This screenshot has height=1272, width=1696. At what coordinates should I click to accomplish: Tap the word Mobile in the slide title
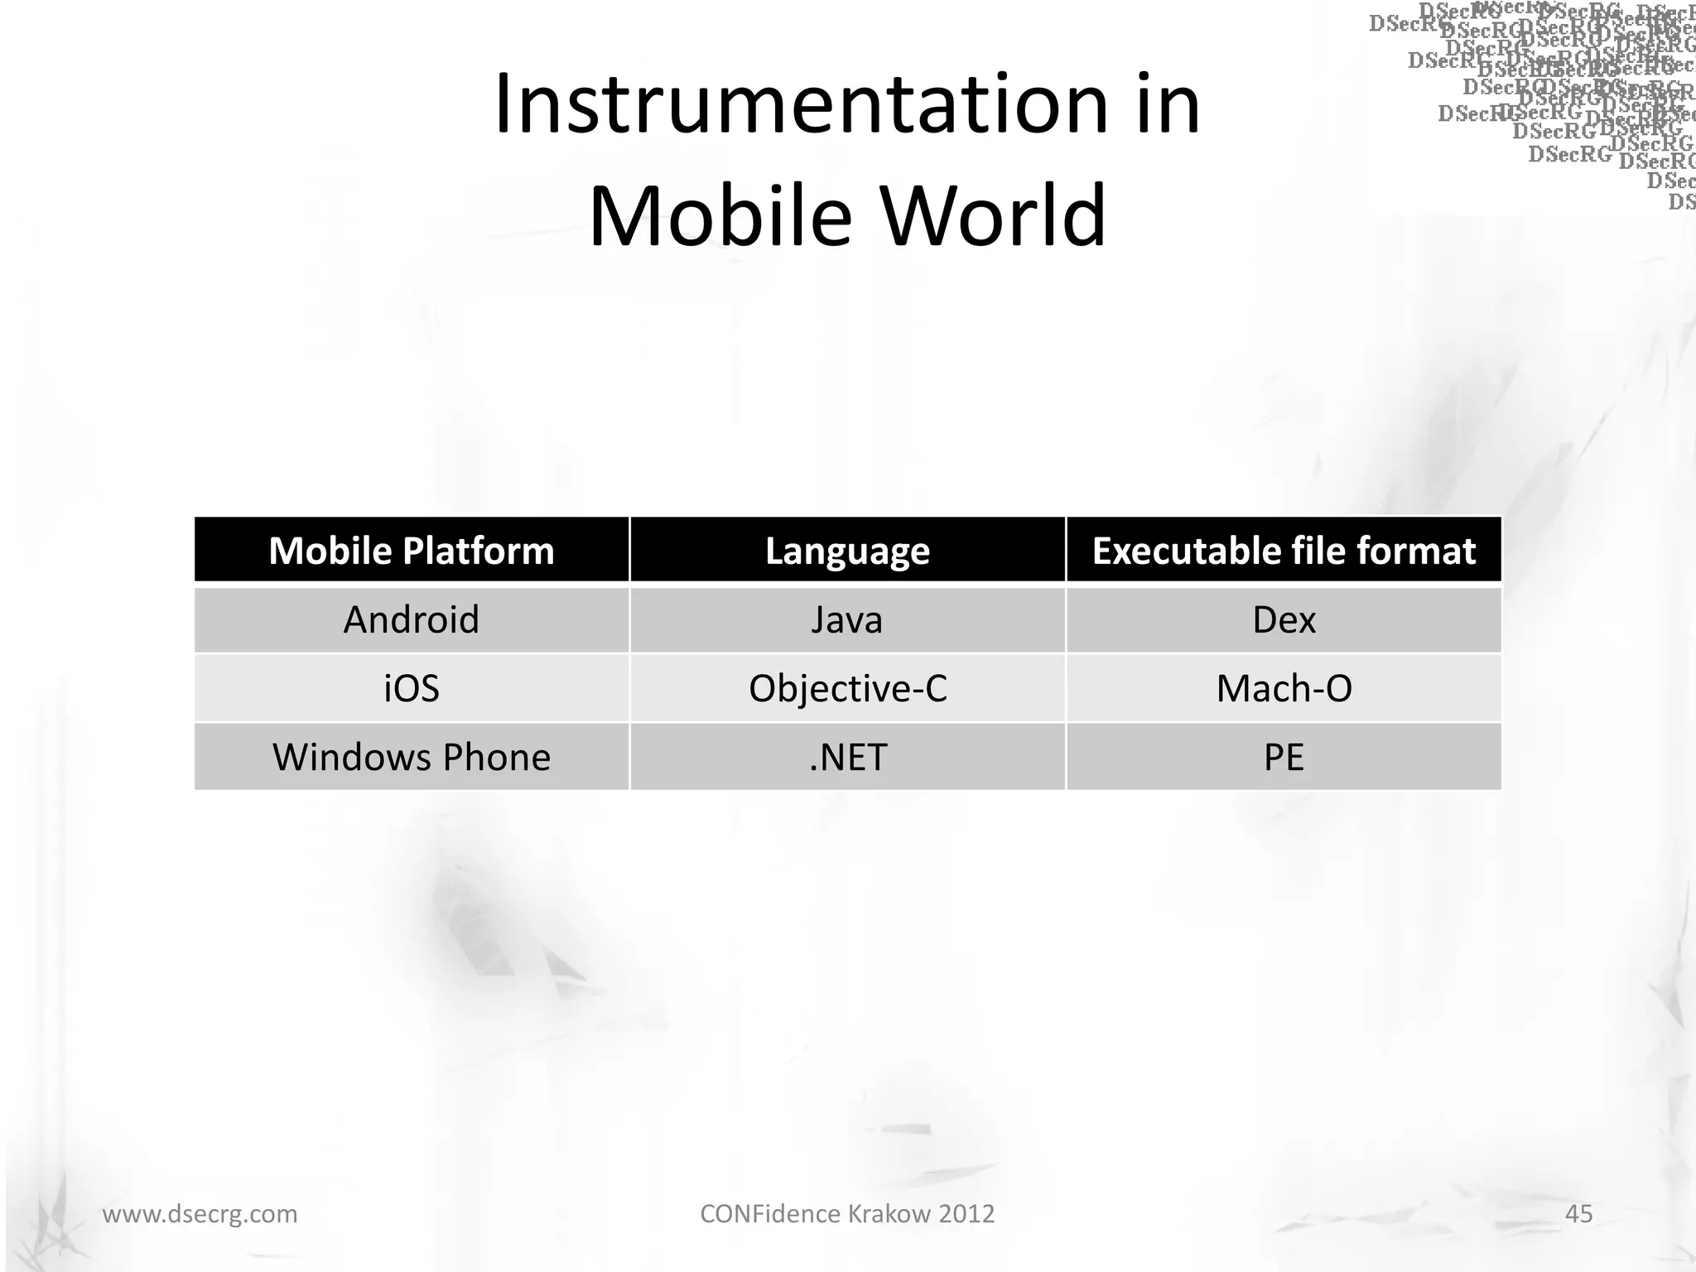point(720,215)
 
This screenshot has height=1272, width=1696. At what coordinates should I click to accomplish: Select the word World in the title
point(993,215)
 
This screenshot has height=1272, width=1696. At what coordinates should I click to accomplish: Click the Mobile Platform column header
point(412,551)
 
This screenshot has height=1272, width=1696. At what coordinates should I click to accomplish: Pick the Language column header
point(847,551)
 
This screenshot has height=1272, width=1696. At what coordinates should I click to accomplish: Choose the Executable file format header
point(1284,551)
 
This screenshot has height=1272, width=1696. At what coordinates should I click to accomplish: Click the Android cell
point(412,619)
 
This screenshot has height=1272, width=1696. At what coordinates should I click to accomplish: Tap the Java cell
point(847,619)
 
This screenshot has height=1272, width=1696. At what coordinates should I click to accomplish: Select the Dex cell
point(1284,619)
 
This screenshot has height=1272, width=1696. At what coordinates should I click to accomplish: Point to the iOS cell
point(412,688)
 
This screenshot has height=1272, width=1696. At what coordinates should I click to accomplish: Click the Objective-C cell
point(847,688)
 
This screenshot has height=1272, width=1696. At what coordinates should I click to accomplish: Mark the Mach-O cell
point(1284,688)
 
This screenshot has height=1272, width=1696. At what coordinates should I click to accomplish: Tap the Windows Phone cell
point(412,757)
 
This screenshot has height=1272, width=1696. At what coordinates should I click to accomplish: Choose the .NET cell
point(847,757)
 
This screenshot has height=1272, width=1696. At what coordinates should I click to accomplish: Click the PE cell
point(1284,757)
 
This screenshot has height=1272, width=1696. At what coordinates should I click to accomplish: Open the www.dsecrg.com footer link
point(200,1214)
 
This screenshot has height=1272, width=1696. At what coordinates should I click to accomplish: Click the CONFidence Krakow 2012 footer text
point(847,1214)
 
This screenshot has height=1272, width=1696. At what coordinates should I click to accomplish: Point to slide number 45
point(1578,1214)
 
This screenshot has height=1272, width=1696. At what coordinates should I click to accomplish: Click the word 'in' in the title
point(1167,105)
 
